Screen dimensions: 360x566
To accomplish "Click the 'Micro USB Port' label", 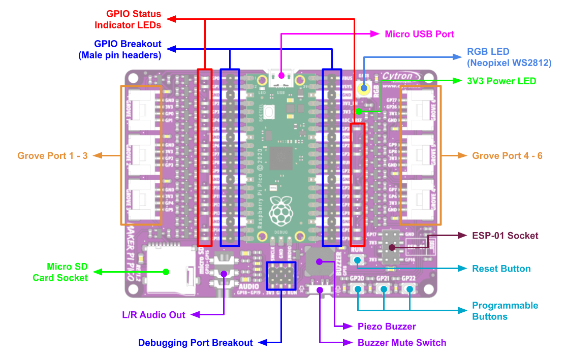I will (x=419, y=34).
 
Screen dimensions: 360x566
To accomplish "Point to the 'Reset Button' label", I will (x=501, y=269).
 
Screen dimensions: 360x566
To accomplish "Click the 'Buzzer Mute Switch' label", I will (x=402, y=343).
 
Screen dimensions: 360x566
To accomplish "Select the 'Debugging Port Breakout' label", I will (x=196, y=343).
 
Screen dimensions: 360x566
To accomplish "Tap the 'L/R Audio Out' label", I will (x=154, y=315).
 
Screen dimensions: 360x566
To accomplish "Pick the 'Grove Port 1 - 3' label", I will (x=52, y=156).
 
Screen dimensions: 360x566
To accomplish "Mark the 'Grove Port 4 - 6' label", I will (x=507, y=156).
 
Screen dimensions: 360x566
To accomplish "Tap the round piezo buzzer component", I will (x=320, y=261).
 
